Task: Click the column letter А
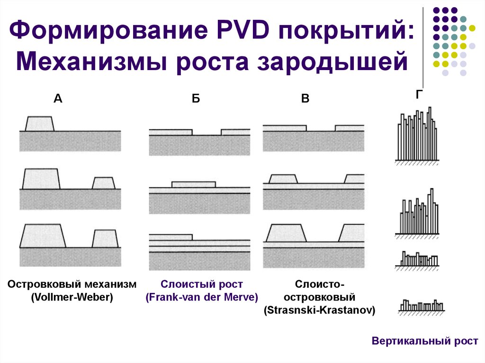[x=58, y=98]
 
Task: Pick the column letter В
[x=305, y=98]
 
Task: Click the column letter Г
[x=419, y=95]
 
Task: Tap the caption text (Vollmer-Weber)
[x=72, y=298]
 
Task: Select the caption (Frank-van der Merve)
[x=202, y=298]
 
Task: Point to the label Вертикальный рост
[x=425, y=341]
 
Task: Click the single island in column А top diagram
[x=39, y=124]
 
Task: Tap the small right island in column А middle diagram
[x=104, y=183]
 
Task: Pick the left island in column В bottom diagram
[x=285, y=233]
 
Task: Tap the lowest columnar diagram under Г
[x=421, y=306]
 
